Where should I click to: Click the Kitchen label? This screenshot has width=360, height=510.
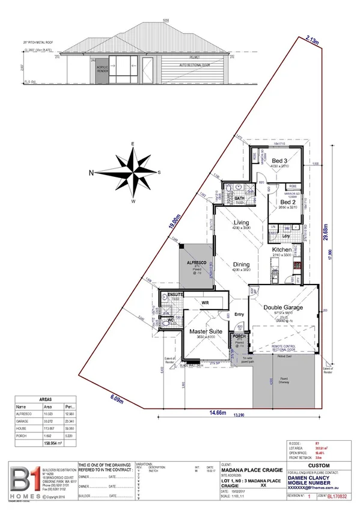point(282,249)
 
